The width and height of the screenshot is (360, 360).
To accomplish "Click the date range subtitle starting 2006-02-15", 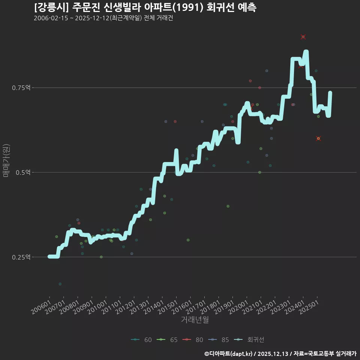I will click(x=103, y=18).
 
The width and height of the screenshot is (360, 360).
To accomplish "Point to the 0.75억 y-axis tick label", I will click(x=22, y=88).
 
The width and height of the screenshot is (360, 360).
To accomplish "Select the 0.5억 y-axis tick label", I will click(x=24, y=172).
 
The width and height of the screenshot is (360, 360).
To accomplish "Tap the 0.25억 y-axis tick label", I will click(x=22, y=257).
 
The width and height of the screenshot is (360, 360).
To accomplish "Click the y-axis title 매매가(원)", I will click(x=6, y=160).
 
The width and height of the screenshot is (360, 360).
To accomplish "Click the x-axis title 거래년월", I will click(x=195, y=319).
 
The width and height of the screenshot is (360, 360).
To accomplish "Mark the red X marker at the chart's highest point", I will click(x=303, y=37).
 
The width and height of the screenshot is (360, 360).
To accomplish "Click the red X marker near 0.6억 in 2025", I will click(x=318, y=138).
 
